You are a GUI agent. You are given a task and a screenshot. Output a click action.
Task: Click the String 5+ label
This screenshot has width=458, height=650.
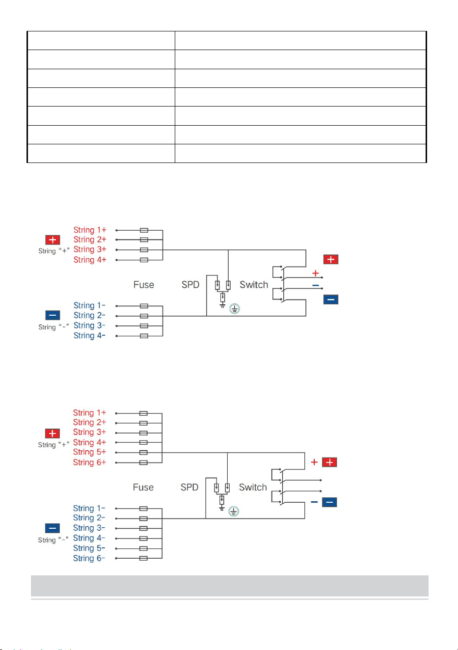[89, 452]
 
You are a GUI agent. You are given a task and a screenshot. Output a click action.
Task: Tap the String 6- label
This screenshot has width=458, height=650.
[89, 558]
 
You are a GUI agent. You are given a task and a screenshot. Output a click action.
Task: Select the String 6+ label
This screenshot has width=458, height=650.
[89, 462]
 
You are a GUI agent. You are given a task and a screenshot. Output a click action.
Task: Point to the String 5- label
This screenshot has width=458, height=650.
[89, 548]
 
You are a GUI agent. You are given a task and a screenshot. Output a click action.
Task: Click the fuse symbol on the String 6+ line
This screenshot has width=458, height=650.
[143, 462]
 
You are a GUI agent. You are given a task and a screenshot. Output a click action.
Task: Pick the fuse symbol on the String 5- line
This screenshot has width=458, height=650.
[143, 548]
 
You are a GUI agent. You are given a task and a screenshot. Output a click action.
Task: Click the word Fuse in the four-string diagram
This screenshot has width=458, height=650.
[144, 285]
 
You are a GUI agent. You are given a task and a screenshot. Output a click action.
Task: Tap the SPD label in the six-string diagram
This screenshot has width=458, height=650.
[189, 487]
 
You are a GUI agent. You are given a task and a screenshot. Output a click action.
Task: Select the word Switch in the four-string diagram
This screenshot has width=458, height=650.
[254, 285]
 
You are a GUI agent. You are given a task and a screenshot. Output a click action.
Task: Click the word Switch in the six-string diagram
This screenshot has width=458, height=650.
[253, 487]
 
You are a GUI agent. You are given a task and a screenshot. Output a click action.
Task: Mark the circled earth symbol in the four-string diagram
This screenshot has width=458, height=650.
[235, 309]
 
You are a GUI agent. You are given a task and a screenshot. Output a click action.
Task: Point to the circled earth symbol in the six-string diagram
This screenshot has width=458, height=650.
[234, 511]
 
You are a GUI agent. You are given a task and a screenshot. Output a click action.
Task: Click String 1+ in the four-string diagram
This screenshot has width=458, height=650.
[90, 230]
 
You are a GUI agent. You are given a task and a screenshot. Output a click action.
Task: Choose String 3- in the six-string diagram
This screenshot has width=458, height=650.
[89, 528]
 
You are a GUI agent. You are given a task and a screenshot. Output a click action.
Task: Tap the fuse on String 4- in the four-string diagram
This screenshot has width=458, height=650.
[144, 336]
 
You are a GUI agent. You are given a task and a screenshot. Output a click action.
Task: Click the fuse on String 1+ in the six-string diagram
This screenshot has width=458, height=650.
[143, 413]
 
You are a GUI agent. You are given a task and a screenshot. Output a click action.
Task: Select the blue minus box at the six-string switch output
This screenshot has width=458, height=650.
[329, 502]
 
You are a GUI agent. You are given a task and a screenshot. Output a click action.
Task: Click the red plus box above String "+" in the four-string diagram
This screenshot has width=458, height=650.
[53, 240]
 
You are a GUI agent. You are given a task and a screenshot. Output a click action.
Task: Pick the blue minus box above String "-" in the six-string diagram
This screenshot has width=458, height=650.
[53, 528]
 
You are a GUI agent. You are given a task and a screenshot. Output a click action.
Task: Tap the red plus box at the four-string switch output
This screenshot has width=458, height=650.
[331, 259]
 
